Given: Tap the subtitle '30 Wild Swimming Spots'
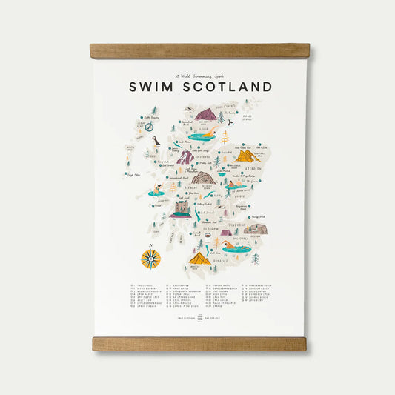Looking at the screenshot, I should tap(198, 74).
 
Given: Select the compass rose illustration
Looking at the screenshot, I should tap(151, 259).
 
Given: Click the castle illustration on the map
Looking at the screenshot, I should tap(180, 210).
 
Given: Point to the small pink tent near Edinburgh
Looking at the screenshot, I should tap(226, 232).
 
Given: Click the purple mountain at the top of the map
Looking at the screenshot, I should tap(205, 115).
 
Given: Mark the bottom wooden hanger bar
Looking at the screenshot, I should tap(199, 344).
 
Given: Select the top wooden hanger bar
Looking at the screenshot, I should tap(199, 51).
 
